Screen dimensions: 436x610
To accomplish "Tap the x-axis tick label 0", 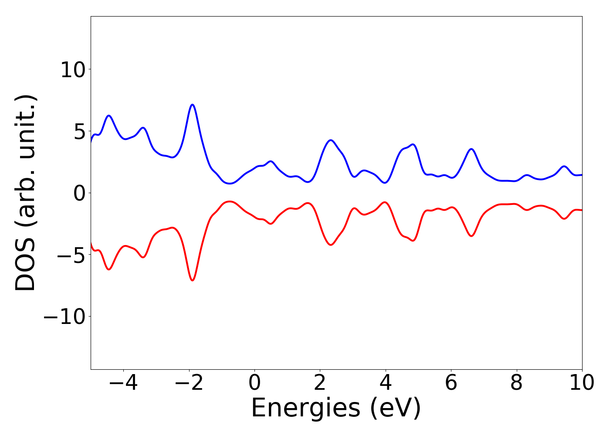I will pos(254,383).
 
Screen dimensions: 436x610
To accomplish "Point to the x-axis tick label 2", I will pos(320,383).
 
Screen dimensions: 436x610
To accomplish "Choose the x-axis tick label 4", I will pos(386,383).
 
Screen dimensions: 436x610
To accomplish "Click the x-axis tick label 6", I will pos(451,383).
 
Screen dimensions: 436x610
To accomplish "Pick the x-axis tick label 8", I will pos(516,383).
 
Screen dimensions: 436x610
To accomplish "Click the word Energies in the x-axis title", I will pos(305,409).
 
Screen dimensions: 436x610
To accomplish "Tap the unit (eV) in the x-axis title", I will pos(396,409).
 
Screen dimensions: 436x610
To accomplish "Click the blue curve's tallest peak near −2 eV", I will pos(192,105).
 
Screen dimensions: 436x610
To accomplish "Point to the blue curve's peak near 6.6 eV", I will pos(471,149).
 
